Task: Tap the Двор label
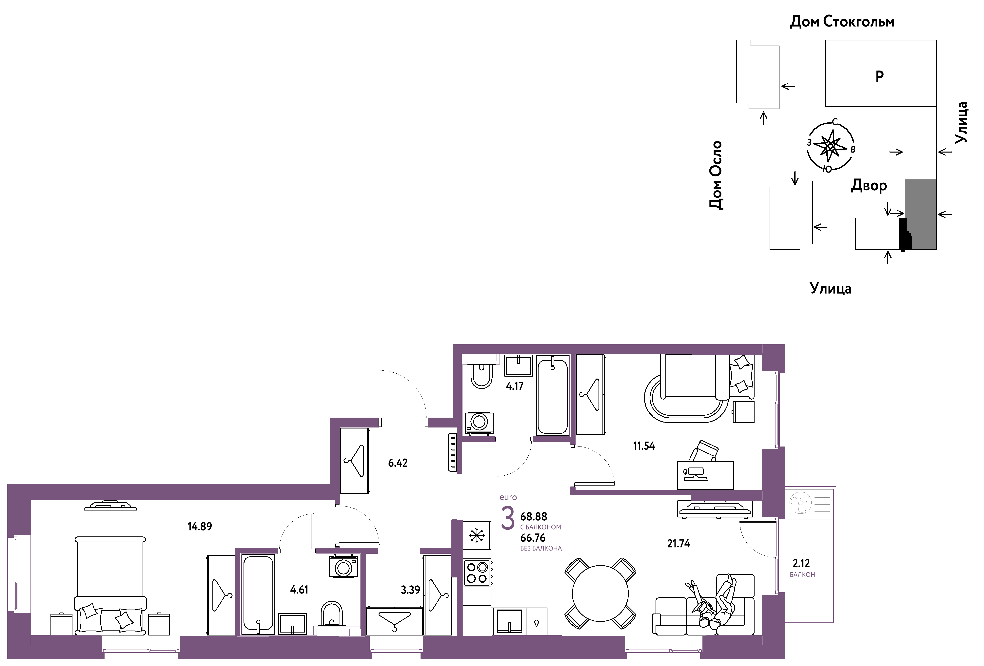pyautogui.click(x=869, y=186)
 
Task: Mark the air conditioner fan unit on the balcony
pyautogui.click(x=800, y=503)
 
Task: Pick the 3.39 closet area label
pyautogui.click(x=410, y=590)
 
